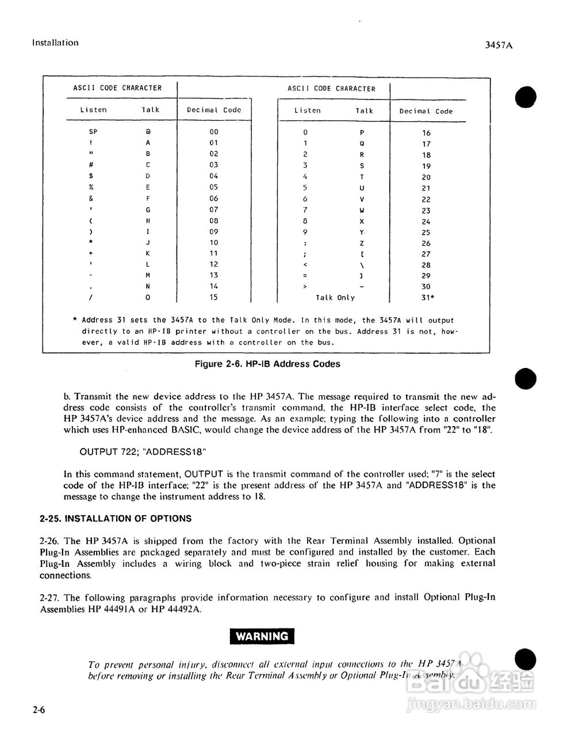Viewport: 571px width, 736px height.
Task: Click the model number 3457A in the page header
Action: point(499,45)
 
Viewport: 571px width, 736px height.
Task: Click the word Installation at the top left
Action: point(55,43)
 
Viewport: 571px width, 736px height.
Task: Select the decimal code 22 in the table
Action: point(426,200)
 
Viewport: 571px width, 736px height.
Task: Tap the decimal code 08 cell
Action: point(214,221)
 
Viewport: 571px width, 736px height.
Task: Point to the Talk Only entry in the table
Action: point(335,298)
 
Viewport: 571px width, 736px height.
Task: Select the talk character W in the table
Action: point(362,210)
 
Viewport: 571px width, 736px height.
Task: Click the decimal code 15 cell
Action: point(214,298)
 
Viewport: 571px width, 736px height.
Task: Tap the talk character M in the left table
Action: point(148,275)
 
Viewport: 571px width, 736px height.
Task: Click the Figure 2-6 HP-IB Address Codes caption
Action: point(267,364)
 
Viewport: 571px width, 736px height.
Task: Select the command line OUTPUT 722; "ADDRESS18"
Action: point(143,451)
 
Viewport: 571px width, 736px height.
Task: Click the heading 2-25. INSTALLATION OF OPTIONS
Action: point(116,519)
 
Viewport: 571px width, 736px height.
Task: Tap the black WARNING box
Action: point(262,637)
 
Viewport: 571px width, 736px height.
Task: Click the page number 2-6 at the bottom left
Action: point(39,711)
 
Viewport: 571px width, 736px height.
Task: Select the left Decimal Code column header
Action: point(214,110)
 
